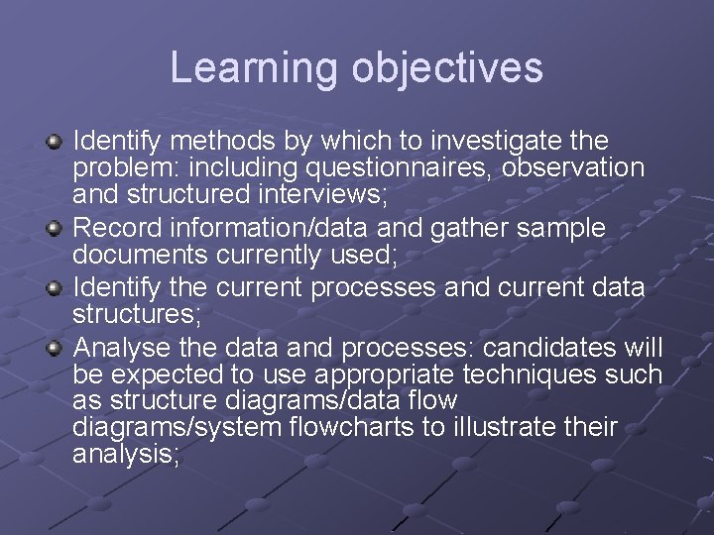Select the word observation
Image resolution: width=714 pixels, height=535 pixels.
tap(574, 168)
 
